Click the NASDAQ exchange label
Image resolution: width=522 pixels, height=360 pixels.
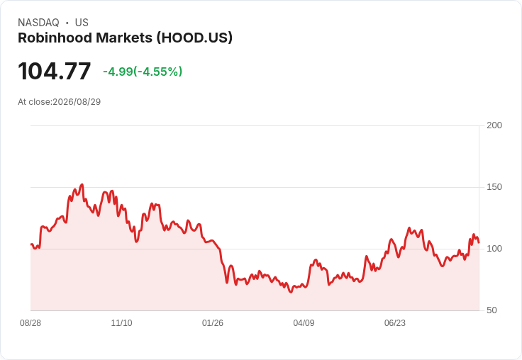click(x=38, y=23)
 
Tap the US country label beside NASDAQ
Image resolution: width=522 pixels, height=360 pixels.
click(x=82, y=23)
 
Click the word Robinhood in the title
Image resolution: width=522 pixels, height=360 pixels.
click(x=55, y=38)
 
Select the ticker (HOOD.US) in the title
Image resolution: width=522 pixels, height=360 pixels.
click(x=194, y=38)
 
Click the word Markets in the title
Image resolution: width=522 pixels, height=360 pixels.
click(x=124, y=38)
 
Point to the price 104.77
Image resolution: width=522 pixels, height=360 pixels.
click(x=55, y=71)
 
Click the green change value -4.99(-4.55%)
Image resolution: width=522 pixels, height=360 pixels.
click(x=143, y=72)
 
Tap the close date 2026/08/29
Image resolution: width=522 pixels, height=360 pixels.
click(x=77, y=102)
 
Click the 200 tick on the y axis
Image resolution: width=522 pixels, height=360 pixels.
click(x=494, y=125)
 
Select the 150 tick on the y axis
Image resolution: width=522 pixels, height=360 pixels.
click(x=494, y=187)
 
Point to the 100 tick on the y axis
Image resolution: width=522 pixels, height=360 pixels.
click(x=494, y=249)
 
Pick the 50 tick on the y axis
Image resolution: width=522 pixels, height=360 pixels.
click(x=492, y=310)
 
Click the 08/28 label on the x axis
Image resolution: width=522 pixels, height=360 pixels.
click(x=30, y=323)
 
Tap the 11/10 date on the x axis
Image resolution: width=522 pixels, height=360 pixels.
click(x=121, y=323)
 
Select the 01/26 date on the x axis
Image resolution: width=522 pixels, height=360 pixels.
click(x=213, y=323)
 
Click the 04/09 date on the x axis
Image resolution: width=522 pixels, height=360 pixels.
click(x=304, y=323)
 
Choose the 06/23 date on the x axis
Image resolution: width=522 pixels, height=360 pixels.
click(x=395, y=323)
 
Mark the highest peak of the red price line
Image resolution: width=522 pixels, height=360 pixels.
click(x=82, y=184)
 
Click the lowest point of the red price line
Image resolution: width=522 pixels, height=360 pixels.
click(x=291, y=292)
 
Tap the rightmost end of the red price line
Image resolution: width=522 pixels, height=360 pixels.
click(x=479, y=242)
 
